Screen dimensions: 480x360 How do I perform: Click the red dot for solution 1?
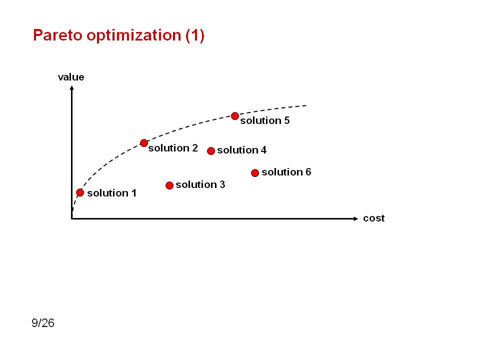tap(80, 192)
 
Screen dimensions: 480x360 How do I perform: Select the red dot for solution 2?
tap(144, 143)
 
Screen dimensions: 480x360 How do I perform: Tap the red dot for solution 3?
tap(169, 185)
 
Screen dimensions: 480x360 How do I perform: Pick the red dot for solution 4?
tap(211, 151)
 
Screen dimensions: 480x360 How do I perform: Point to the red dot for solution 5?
tap(235, 116)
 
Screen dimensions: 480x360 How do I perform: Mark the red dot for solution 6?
tap(255, 173)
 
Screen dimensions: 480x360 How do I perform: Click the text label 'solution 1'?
tap(111, 193)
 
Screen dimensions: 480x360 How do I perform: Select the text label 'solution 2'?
tap(173, 148)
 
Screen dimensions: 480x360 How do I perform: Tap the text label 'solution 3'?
tap(200, 184)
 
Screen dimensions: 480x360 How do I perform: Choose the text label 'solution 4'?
tap(242, 150)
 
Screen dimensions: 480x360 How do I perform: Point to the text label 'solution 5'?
tap(265, 120)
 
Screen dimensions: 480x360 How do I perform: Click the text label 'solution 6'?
tap(286, 172)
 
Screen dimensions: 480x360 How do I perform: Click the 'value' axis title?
tap(71, 77)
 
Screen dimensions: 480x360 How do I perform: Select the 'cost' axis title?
tap(374, 218)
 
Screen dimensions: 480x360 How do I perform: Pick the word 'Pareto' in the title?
tap(58, 35)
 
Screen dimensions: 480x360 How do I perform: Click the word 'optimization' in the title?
tap(134, 35)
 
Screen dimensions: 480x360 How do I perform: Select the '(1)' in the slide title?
tap(194, 35)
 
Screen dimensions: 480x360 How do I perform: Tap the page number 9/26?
tap(43, 323)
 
